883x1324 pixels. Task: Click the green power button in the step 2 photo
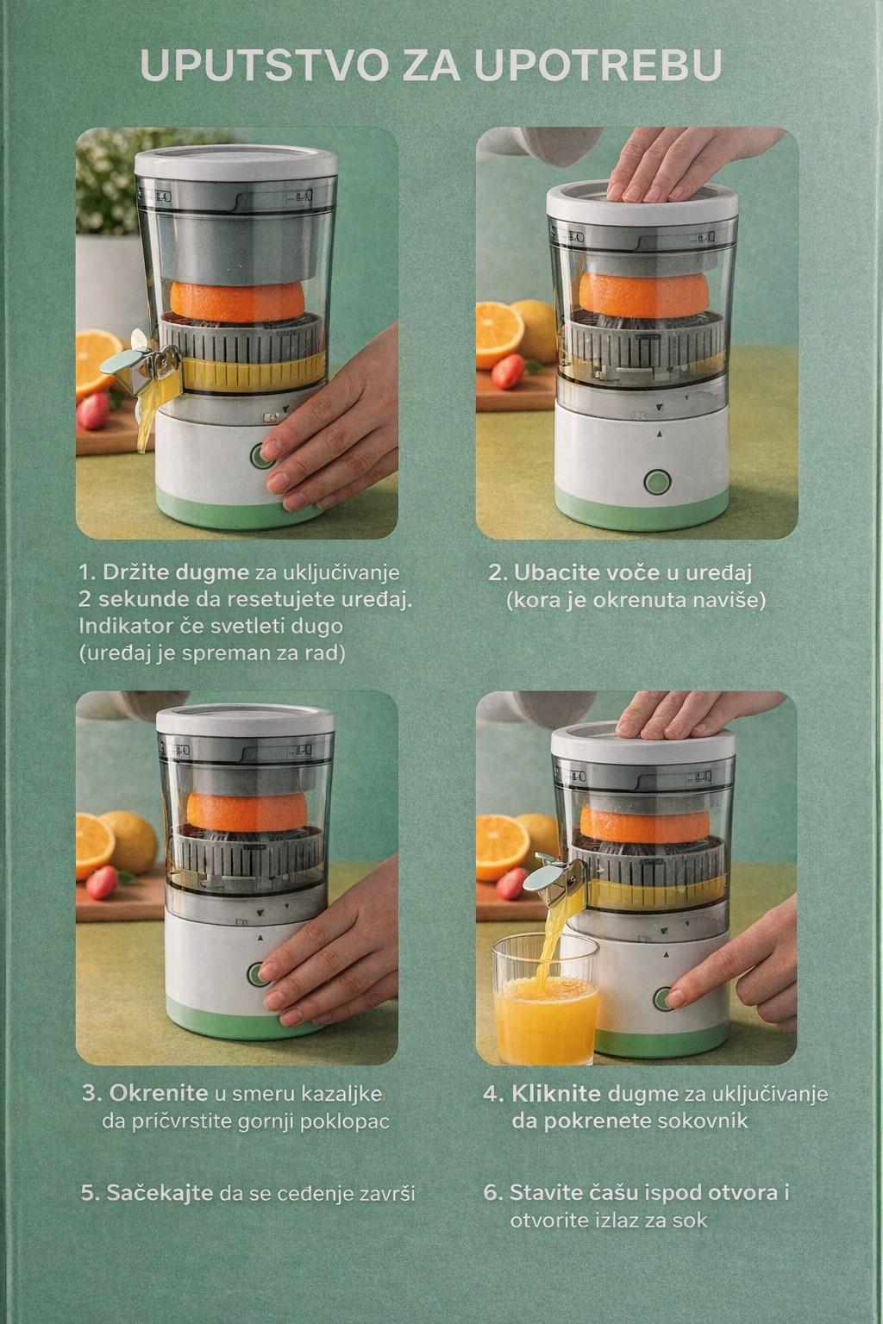tap(657, 481)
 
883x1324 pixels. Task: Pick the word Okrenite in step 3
tap(158, 1093)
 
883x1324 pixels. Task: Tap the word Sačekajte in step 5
tap(160, 1193)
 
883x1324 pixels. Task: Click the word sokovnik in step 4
tap(702, 1121)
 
